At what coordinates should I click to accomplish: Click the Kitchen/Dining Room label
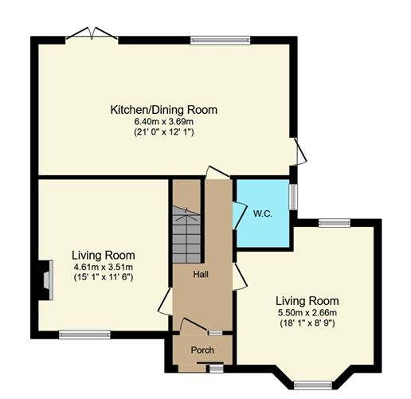click(x=164, y=110)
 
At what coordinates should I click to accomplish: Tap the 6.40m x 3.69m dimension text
click(x=164, y=121)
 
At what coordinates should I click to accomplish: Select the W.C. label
click(x=264, y=213)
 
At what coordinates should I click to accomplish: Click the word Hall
click(x=202, y=273)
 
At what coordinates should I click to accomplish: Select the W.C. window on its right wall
click(x=293, y=197)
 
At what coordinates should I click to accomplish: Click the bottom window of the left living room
click(x=84, y=334)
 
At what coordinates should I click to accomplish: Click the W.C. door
click(x=237, y=216)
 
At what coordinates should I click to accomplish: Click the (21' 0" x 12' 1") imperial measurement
click(x=164, y=132)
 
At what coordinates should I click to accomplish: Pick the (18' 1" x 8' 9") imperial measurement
click(x=307, y=324)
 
